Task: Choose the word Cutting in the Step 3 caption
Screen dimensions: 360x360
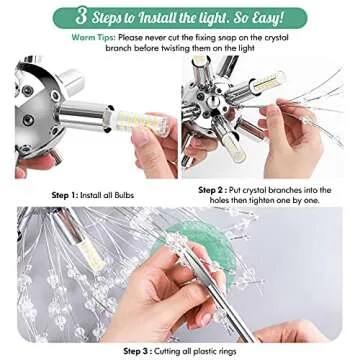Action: (179, 351)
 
